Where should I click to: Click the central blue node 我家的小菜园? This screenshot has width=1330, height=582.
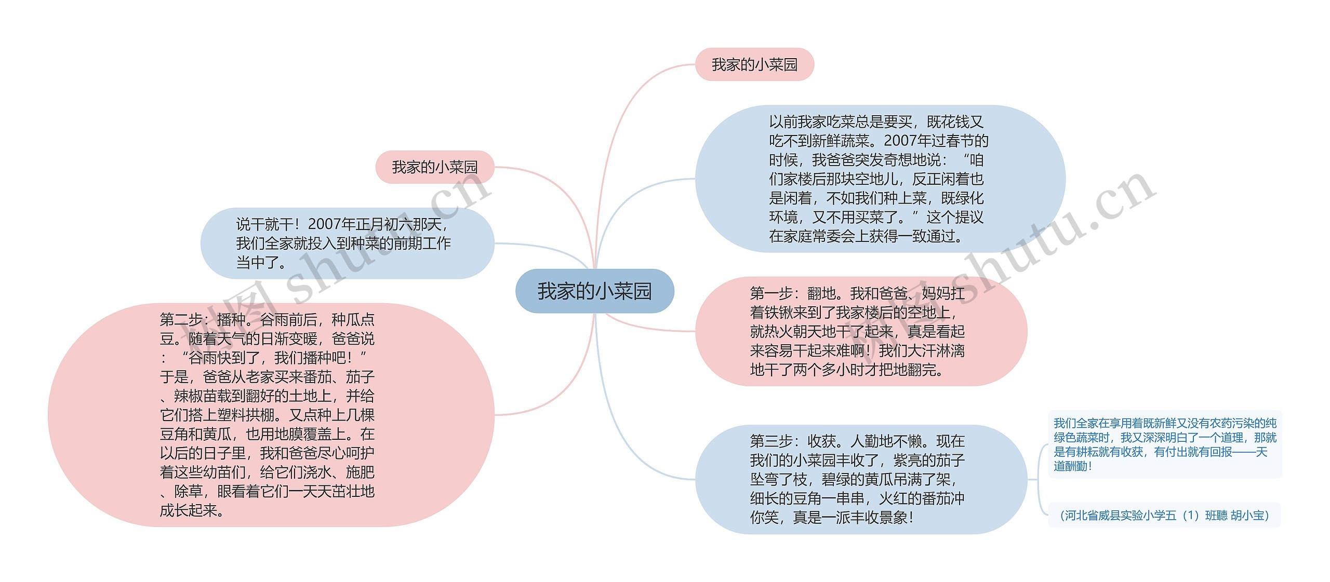coord(594,291)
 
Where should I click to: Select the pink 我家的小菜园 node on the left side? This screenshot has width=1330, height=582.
coord(434,167)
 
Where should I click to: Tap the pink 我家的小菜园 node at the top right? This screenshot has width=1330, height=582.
coord(754,65)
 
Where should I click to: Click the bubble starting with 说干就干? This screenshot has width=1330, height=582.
coord(347,243)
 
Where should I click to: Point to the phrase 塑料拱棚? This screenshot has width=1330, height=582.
coord(245,415)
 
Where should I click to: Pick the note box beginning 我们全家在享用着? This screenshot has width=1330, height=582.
coord(1164,444)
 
